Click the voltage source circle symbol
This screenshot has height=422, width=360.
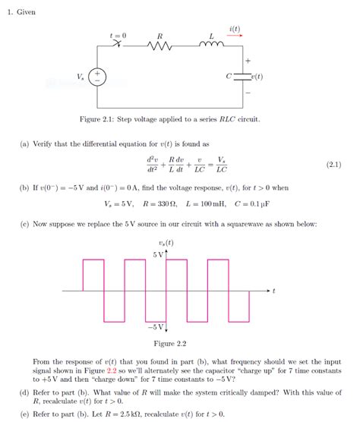coord(99,77)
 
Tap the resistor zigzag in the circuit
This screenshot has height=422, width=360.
coord(160,47)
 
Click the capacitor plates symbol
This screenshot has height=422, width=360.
coord(243,77)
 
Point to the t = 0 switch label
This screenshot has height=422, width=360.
coord(118,35)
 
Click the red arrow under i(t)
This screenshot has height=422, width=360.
coord(235,36)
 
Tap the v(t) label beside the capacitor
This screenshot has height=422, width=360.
coord(257,77)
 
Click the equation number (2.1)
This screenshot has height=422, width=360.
coord(333,164)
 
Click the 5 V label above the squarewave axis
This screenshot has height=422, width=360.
coord(157,254)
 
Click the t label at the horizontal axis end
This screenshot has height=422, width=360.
coord(273,291)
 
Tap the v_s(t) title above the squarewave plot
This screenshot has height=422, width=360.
coord(165,243)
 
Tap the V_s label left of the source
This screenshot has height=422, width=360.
coord(81,77)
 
